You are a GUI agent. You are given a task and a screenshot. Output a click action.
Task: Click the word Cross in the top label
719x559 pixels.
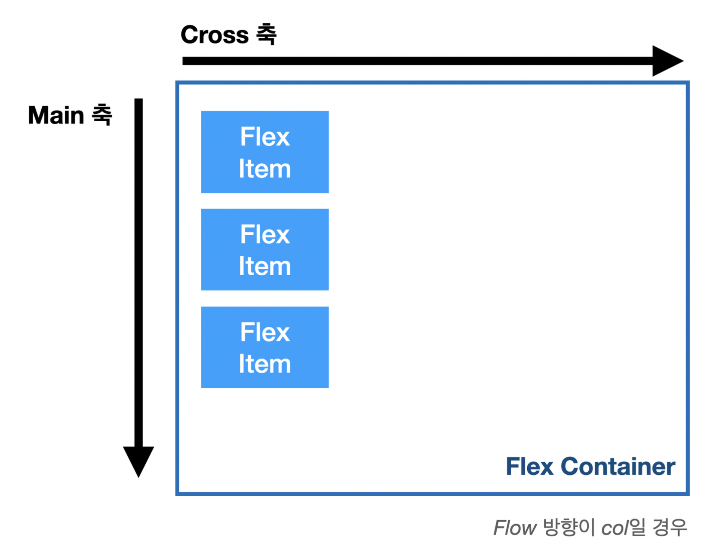[214, 35]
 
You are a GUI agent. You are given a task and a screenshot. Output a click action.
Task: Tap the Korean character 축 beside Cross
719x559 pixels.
[266, 34]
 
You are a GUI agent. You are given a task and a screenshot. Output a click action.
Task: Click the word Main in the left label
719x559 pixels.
[56, 115]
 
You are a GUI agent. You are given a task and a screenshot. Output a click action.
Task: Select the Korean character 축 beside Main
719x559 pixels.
[102, 115]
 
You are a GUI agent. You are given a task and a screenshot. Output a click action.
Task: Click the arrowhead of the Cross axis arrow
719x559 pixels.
[666, 61]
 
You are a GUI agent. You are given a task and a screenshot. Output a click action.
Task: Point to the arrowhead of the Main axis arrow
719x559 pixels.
[138, 460]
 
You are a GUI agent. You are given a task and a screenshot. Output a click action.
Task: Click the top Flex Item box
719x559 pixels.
[265, 152]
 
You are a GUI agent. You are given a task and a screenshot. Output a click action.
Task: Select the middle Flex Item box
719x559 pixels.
[265, 249]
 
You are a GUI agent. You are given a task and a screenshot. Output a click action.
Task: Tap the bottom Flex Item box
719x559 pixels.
[265, 347]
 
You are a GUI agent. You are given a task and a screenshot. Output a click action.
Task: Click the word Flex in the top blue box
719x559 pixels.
[265, 137]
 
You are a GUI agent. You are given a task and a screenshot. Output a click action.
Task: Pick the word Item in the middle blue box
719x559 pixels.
[265, 266]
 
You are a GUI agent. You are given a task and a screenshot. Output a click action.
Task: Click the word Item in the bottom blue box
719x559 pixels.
[265, 364]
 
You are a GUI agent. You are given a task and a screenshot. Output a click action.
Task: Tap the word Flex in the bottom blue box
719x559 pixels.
[265, 332]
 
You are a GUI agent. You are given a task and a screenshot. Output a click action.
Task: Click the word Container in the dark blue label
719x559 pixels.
[618, 467]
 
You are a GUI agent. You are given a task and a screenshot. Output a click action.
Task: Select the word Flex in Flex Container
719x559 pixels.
[529, 467]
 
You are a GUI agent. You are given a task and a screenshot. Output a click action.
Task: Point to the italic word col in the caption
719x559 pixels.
[615, 528]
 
